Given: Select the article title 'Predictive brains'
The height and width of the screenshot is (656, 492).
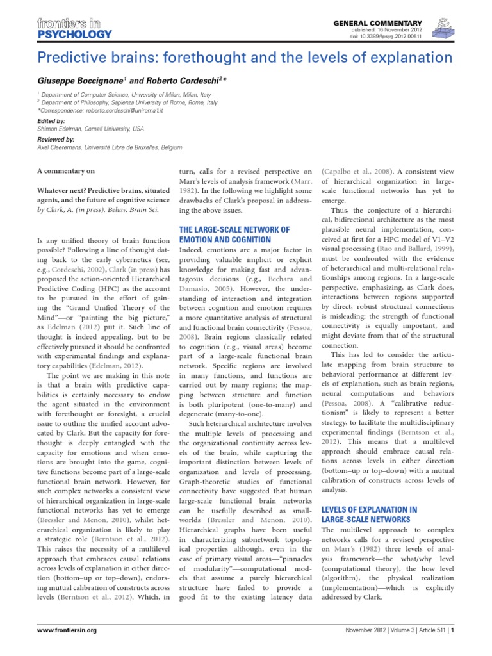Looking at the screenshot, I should pyautogui.click(x=245, y=58).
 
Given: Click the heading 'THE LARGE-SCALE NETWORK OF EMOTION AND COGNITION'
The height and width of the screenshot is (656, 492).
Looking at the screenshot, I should pyautogui.click(x=234, y=234).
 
